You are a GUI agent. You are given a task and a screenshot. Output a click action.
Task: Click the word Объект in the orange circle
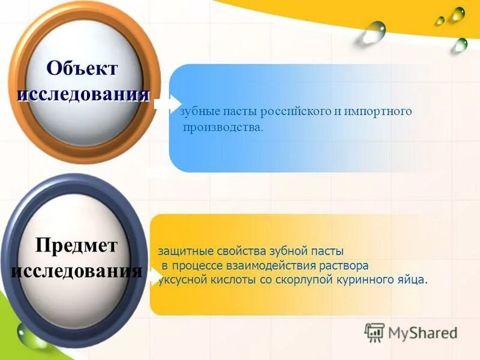pyautogui.click(x=83, y=68)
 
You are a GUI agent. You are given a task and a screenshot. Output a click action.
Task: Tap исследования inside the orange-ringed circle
pyautogui.click(x=83, y=94)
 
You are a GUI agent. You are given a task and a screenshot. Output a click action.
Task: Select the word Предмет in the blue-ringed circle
pyautogui.click(x=76, y=245)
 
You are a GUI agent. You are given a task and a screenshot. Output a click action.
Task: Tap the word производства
pyautogui.click(x=223, y=127)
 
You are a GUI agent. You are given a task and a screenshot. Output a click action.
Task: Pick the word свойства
pyautogui.click(x=238, y=251)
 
